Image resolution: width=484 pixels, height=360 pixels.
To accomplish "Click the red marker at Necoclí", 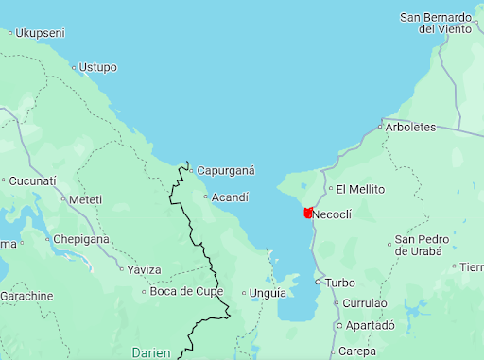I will [x=307, y=214].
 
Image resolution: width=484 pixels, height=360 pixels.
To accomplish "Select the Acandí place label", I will [x=230, y=197].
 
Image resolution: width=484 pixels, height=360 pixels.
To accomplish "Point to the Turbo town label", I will [x=340, y=283].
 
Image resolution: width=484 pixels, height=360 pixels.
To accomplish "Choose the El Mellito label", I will [x=361, y=189].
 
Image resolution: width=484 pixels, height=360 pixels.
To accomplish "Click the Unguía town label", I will [x=268, y=293].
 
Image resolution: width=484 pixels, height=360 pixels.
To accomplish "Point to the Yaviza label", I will [x=145, y=270].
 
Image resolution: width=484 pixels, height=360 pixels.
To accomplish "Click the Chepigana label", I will [x=80, y=239].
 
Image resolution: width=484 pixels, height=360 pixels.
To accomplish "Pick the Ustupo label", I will [x=97, y=67].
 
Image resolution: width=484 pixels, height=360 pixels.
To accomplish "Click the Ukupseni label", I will [x=40, y=33].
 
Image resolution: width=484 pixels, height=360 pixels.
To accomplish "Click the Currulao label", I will [x=364, y=303].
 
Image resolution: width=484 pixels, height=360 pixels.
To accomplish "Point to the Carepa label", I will [x=356, y=351].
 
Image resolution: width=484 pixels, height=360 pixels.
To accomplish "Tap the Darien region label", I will [x=151, y=353].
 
